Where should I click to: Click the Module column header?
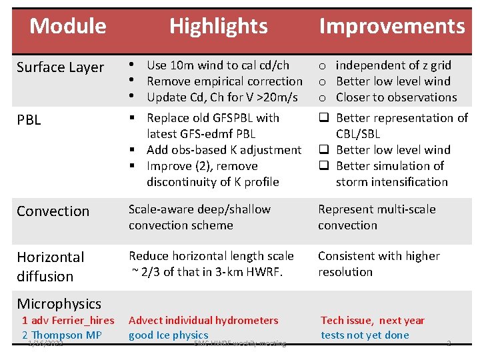point(67,26)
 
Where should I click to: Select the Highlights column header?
point(218,26)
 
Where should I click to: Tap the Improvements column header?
point(391,26)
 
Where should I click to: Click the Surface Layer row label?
point(60,67)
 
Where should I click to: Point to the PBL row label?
point(29,120)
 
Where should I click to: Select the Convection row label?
point(53,211)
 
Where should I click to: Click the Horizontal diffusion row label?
point(50,266)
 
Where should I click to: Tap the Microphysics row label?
point(59,304)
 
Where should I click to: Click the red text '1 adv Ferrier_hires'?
point(68,321)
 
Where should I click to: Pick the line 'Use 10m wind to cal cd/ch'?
point(217,65)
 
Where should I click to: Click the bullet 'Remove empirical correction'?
point(224,81)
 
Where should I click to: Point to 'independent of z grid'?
point(393,65)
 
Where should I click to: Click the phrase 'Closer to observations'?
point(396,97)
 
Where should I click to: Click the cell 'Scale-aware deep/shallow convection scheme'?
point(199,217)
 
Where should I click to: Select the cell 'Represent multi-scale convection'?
point(376,217)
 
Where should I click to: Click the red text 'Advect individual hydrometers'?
point(203,321)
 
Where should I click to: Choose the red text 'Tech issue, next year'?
point(372,321)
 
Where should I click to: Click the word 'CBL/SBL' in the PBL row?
point(357,134)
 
